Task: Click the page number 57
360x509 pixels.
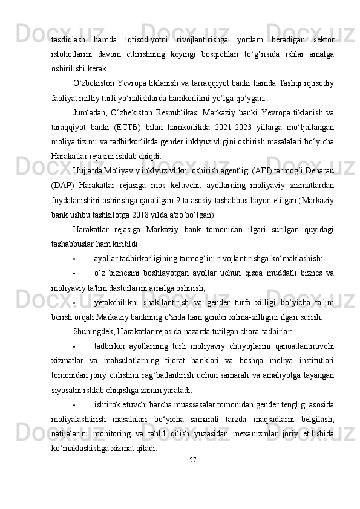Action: coord(192,460)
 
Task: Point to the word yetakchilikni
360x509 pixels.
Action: coord(117,286)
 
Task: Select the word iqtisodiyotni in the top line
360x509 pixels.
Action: coord(136,41)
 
